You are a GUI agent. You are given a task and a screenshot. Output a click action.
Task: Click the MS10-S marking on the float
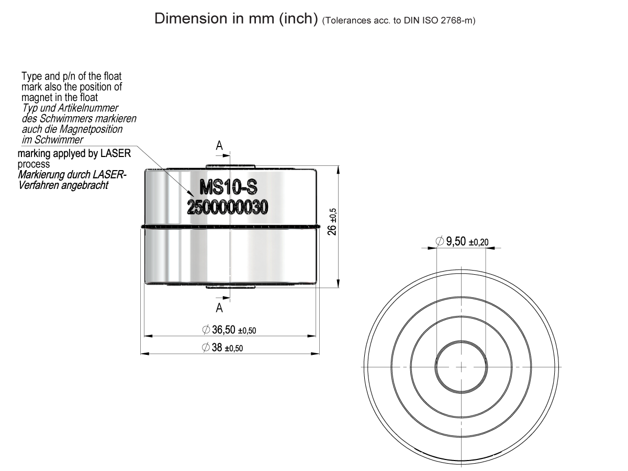(228, 187)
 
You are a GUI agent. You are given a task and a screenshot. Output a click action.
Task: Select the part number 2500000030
(228, 207)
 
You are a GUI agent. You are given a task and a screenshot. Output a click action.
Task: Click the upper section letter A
(220, 147)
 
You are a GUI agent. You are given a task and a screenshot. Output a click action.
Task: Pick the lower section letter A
(220, 307)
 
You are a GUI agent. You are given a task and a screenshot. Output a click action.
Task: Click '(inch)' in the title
(298, 19)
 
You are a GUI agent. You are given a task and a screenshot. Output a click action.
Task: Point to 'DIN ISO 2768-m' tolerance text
(435, 21)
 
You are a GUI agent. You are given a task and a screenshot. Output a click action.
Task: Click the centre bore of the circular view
(462, 367)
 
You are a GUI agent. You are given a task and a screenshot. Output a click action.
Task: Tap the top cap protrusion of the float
(230, 166)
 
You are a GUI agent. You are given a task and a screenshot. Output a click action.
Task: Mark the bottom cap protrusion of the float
(230, 287)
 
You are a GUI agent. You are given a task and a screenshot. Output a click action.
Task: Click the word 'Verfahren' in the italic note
(36, 185)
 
